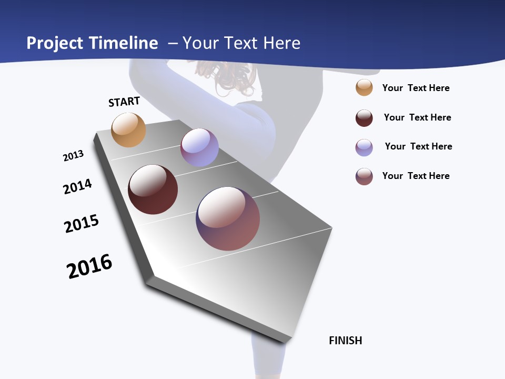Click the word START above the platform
[x=124, y=102]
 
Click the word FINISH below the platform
[x=346, y=341]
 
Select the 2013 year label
[x=73, y=156]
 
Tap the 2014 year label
[x=77, y=186]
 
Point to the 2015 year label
[x=82, y=224]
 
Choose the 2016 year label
[x=89, y=266]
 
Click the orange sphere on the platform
[x=128, y=129]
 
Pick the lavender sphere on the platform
[x=199, y=147]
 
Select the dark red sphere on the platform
[x=153, y=189]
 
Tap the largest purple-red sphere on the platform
[x=228, y=218]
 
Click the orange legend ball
[x=364, y=87]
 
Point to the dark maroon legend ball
[x=364, y=118]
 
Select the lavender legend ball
[x=364, y=147]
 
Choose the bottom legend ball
[x=364, y=176]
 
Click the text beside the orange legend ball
[x=416, y=88]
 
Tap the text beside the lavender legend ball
[x=419, y=146]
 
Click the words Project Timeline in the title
[x=92, y=43]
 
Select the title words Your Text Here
[x=241, y=43]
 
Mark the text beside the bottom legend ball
[x=416, y=176]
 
